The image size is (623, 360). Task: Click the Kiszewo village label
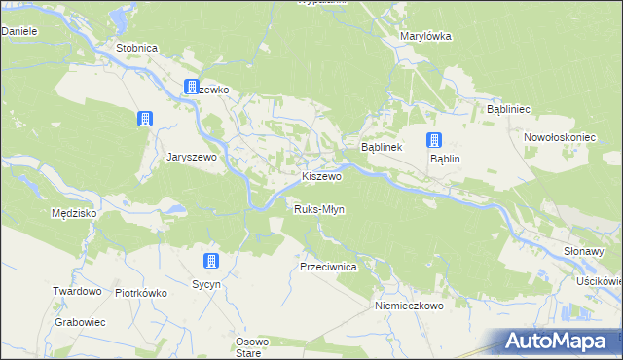(x=321, y=177)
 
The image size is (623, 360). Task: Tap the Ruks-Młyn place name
(x=320, y=209)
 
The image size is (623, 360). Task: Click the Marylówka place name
(x=426, y=36)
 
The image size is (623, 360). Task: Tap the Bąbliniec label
(x=507, y=110)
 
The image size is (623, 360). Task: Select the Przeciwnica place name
(x=329, y=266)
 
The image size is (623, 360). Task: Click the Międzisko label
(x=72, y=211)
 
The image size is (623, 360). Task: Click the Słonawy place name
(x=585, y=250)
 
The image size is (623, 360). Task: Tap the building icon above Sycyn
(x=209, y=261)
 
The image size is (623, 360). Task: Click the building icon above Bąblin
(x=434, y=139)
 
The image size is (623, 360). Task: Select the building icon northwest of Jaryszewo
(x=145, y=119)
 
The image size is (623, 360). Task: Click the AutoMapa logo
(x=560, y=341)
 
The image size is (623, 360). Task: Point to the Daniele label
(x=18, y=31)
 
